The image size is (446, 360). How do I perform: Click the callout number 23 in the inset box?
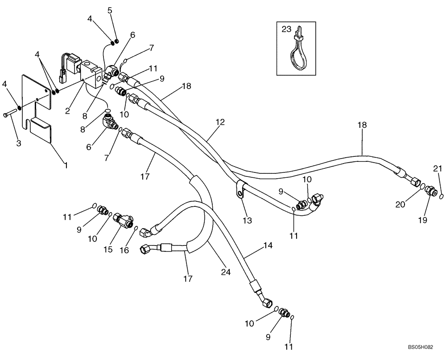(286, 30)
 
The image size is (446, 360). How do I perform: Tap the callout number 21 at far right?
(438, 168)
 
